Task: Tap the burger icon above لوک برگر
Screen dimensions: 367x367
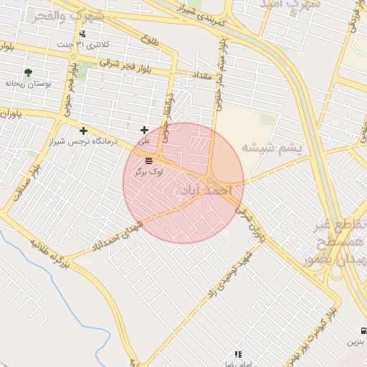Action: (148, 161)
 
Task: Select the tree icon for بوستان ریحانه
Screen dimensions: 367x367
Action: (28, 72)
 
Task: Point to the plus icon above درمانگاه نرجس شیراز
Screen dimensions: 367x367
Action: (84, 130)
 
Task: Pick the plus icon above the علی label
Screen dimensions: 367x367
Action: (145, 130)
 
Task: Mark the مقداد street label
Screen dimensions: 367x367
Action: (201, 75)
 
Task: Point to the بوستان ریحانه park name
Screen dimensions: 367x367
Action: (27, 84)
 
